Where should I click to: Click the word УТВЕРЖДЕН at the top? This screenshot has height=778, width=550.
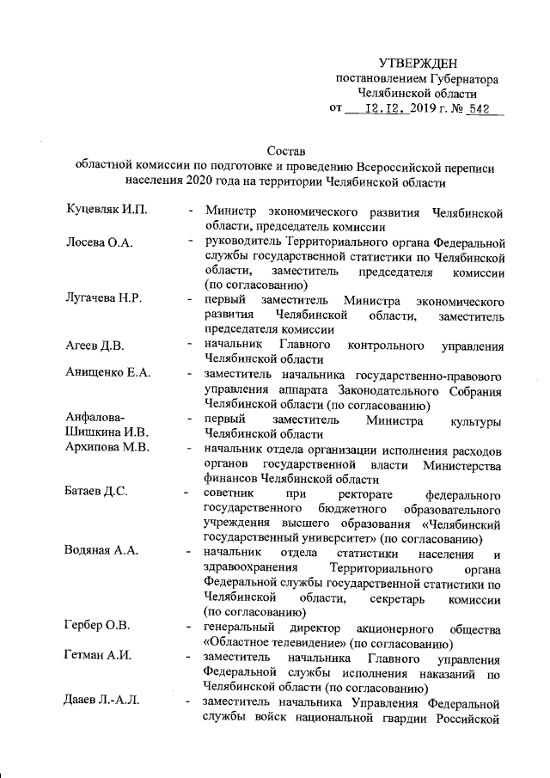click(419, 64)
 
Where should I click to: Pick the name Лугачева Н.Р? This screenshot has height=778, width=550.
click(104, 299)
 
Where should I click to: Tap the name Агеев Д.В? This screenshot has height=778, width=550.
click(95, 346)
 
